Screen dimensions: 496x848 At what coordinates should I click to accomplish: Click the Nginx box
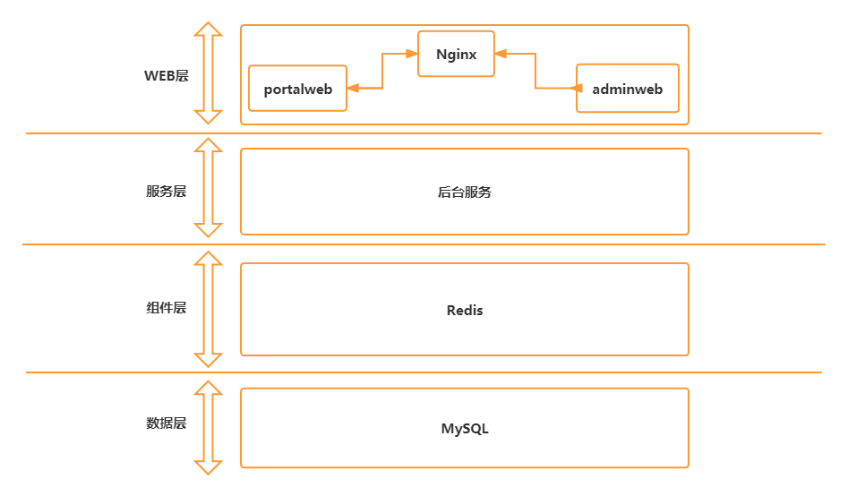tap(456, 54)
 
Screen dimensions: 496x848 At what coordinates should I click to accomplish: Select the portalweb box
tap(297, 89)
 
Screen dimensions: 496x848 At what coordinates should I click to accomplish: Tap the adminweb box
tap(627, 89)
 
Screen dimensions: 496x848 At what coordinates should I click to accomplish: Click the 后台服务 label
tap(464, 192)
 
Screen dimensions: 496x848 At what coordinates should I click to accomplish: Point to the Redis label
tap(465, 310)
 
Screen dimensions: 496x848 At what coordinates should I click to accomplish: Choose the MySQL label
tap(465, 428)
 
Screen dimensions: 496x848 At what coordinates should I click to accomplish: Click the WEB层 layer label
tap(167, 75)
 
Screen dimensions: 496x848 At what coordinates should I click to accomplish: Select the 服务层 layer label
tap(167, 192)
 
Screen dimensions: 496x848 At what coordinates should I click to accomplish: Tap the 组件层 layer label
tap(167, 308)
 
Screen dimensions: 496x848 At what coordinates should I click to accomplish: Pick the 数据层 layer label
tap(167, 423)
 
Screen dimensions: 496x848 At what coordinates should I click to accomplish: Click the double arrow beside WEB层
tap(209, 73)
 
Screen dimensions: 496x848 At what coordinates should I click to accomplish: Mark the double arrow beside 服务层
tap(209, 188)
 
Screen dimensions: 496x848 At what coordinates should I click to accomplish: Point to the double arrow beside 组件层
tap(209, 309)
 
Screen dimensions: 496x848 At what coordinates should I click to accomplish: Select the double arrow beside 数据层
tap(209, 427)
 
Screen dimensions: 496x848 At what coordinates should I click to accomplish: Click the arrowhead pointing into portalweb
tap(353, 88)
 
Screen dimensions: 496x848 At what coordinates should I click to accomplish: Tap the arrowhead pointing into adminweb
tap(570, 88)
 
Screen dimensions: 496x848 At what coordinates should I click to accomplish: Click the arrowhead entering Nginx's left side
tap(412, 54)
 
